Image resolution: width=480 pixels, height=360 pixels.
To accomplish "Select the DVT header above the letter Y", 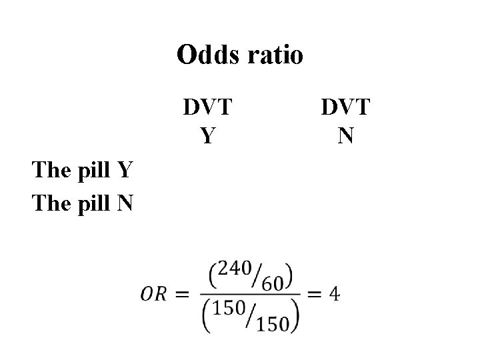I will click(x=208, y=107).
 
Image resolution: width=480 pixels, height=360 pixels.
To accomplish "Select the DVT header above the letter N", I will click(x=346, y=107).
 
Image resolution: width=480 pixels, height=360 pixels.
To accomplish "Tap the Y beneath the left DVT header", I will click(x=208, y=136).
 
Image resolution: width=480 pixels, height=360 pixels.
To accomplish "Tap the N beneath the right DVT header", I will click(x=346, y=136).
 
